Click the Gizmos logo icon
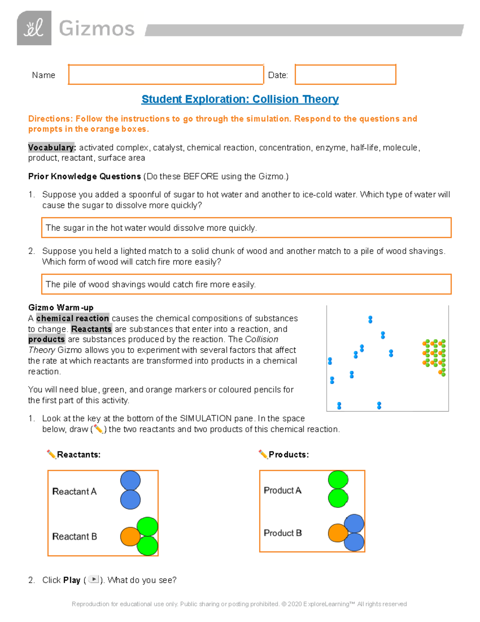coord(34,28)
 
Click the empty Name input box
coord(166,74)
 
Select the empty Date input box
coord(345,74)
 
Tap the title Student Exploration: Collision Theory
coord(240,99)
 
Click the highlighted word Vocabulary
coord(52,147)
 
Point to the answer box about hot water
coord(246,227)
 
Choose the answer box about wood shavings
coord(246,284)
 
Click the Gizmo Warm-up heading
coord(61,308)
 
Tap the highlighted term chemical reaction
coord(72,318)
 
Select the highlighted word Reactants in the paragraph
coord(91,329)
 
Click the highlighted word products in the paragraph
coord(46,339)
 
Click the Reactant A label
coord(74,491)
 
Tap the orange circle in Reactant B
coord(130,536)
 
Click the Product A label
coord(282,491)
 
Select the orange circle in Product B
coord(338,533)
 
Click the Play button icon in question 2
coord(94,579)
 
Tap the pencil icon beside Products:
coord(263,454)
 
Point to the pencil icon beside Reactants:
coord(51,454)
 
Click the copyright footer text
coord(239,604)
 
